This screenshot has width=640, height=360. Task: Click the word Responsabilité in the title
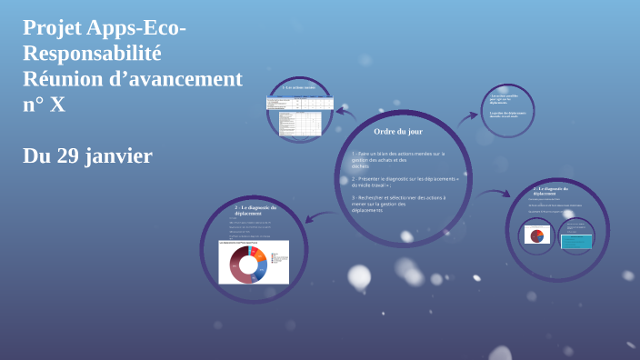click(92, 54)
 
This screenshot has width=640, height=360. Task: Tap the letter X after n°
click(57, 105)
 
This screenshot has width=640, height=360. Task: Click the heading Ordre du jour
click(398, 132)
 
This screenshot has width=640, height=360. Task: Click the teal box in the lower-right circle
click(575, 241)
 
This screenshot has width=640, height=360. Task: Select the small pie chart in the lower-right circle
click(537, 235)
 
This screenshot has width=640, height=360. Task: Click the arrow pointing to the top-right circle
click(467, 117)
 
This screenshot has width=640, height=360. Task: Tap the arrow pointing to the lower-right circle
click(495, 193)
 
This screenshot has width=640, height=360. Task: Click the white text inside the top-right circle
click(507, 105)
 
